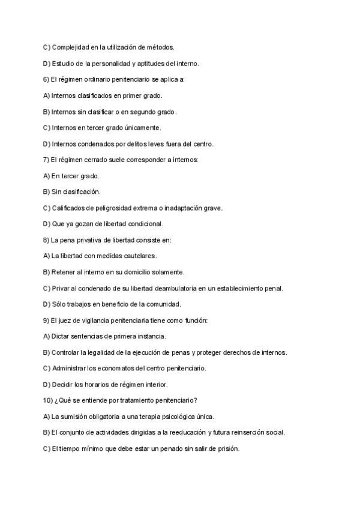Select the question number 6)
pos(47,79)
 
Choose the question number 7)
pos(47,160)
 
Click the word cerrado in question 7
pos(89,160)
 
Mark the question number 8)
pos(47,240)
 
